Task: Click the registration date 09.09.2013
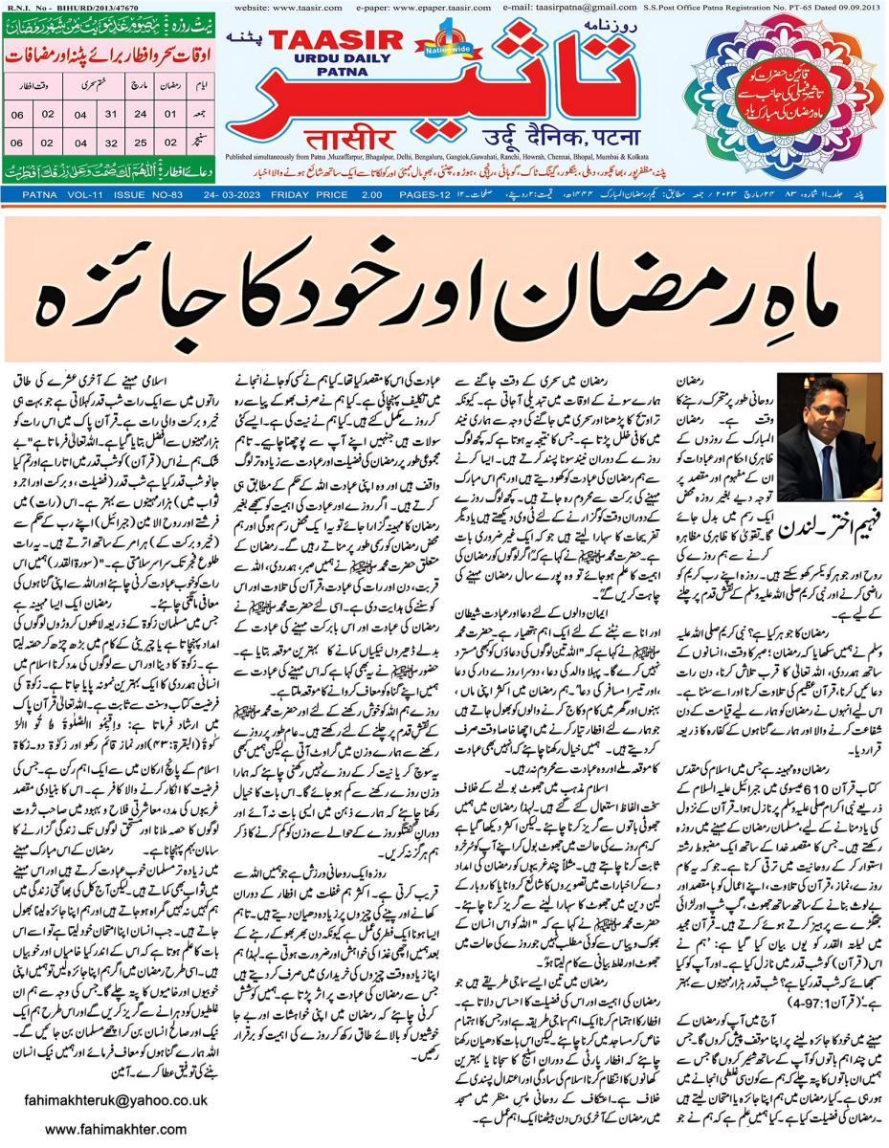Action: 854,7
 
